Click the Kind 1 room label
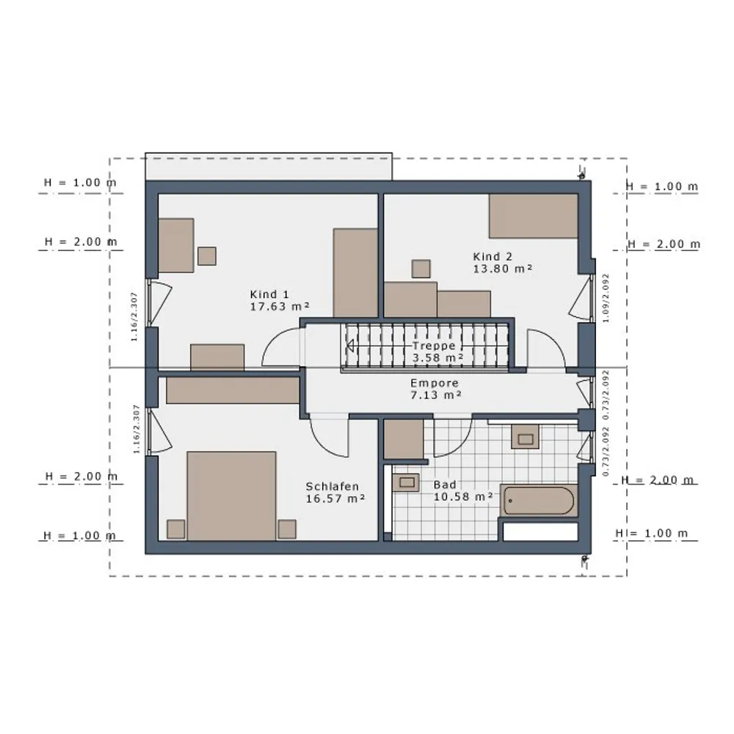coord(269,294)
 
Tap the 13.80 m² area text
coord(503,269)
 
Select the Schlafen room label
coord(333,487)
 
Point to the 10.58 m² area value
coord(463,497)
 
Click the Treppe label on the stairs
coord(434,346)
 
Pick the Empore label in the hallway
coord(435,383)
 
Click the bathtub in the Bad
coord(539,501)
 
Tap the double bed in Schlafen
coord(231,495)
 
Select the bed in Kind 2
coord(533,217)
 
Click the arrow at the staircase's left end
coord(349,346)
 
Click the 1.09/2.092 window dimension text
coord(606,298)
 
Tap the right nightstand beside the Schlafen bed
coord(287,529)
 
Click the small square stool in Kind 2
coord(421,269)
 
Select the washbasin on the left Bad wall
coord(406,483)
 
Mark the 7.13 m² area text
coord(436,395)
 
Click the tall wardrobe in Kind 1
coord(355,273)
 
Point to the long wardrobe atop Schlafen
coord(233,390)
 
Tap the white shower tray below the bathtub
coord(541,531)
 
